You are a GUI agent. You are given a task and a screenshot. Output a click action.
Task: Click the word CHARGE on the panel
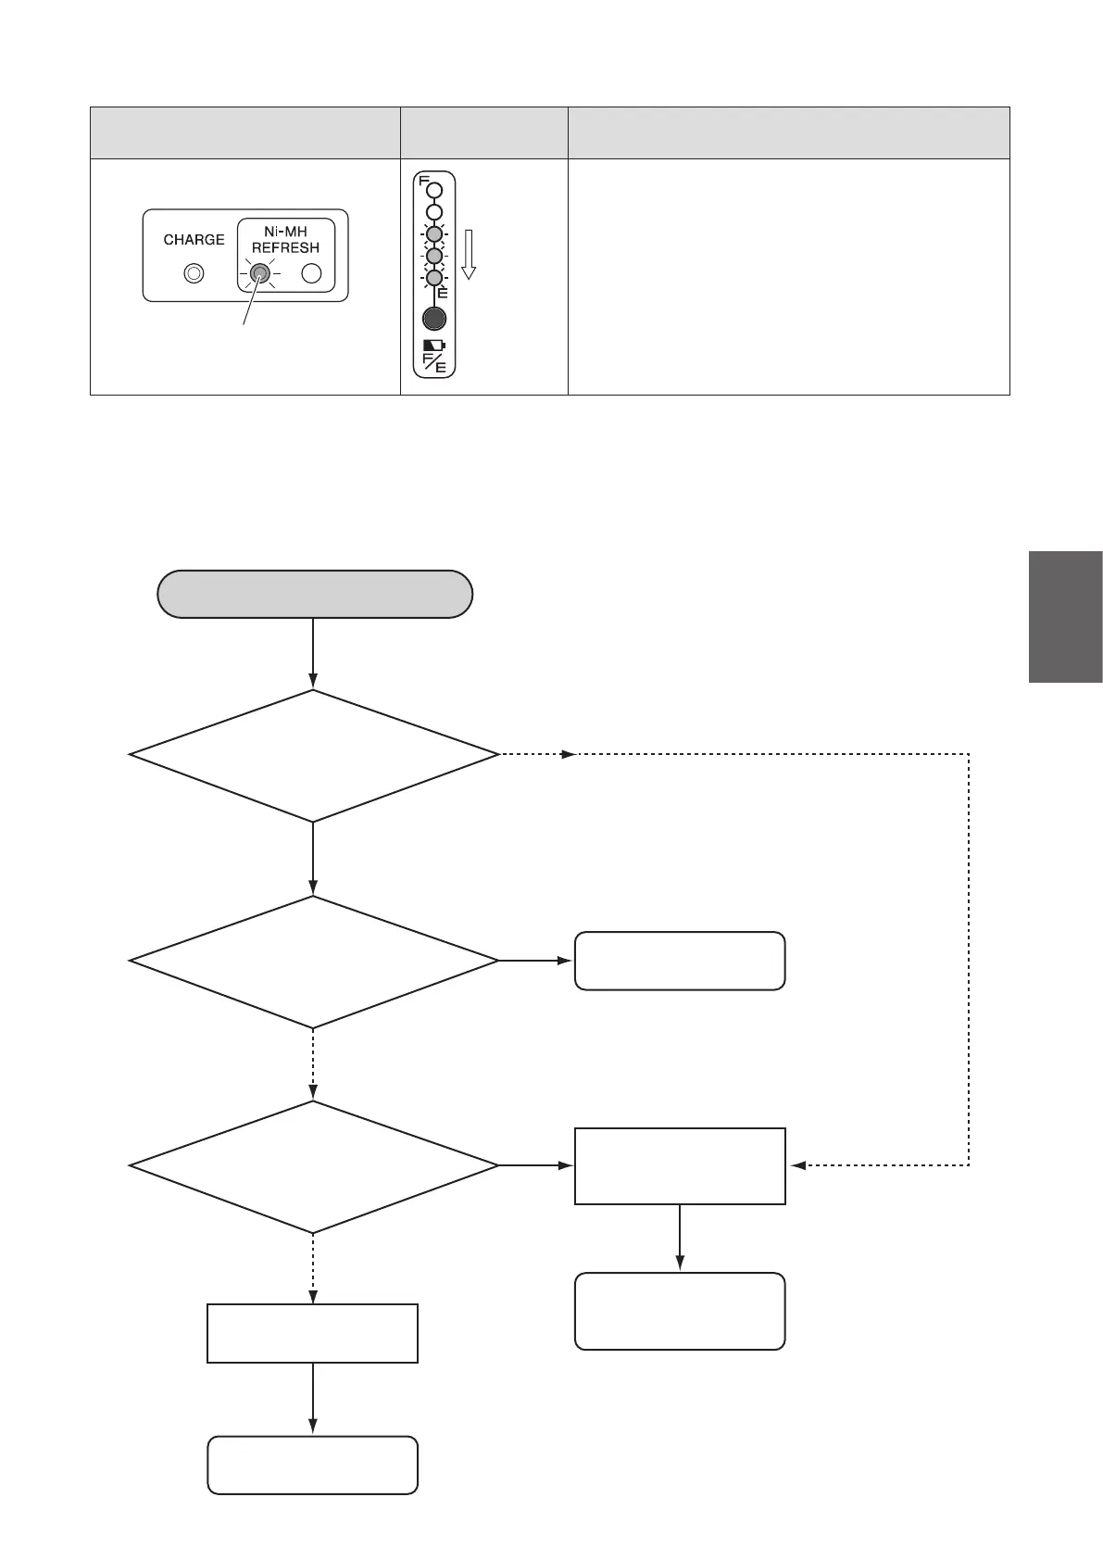pyautogui.click(x=194, y=240)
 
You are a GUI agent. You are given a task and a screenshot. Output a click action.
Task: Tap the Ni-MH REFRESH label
pyautogui.click(x=285, y=240)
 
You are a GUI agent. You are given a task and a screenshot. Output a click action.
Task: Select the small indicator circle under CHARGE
pyautogui.click(x=194, y=273)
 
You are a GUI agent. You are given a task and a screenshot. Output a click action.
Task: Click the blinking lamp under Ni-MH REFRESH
pyautogui.click(x=260, y=273)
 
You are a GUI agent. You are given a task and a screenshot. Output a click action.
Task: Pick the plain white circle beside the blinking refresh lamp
pyautogui.click(x=312, y=273)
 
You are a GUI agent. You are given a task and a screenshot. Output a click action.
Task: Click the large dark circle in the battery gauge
pyautogui.click(x=433, y=319)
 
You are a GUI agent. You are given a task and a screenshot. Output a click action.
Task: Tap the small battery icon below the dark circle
pyautogui.click(x=433, y=345)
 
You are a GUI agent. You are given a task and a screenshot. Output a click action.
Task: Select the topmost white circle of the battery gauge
pyautogui.click(x=434, y=191)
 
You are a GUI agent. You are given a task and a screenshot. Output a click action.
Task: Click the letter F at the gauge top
pyautogui.click(x=423, y=182)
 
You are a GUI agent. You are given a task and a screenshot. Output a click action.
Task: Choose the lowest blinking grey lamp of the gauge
pyautogui.click(x=433, y=277)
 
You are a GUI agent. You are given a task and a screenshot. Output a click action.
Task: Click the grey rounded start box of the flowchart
pyautogui.click(x=315, y=594)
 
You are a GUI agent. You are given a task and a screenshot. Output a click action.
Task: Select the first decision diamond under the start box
pyautogui.click(x=314, y=755)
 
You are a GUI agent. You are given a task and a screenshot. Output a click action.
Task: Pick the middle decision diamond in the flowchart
pyautogui.click(x=314, y=961)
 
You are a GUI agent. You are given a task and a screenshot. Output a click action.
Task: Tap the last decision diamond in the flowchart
pyautogui.click(x=314, y=1165)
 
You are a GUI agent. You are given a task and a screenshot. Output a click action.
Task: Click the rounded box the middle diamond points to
pyautogui.click(x=680, y=961)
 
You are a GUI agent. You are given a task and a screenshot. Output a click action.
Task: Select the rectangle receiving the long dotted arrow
pyautogui.click(x=680, y=1165)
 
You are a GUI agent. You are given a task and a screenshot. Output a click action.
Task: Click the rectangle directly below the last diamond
pyautogui.click(x=312, y=1333)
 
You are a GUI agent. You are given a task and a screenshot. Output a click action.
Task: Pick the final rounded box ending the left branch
pyautogui.click(x=312, y=1465)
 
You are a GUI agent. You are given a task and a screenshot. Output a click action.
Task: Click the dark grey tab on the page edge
pyautogui.click(x=1065, y=617)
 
